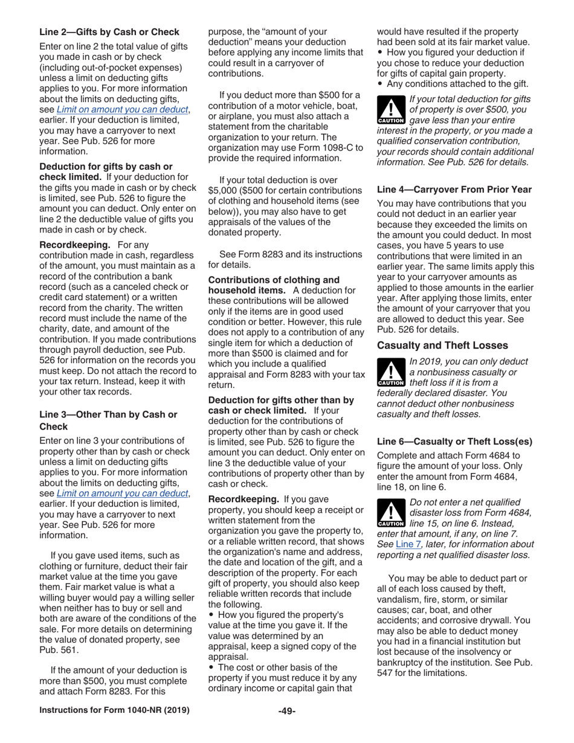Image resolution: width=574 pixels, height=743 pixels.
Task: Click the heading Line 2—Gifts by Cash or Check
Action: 109,32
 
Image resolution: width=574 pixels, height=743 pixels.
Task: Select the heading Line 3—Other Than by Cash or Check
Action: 108,420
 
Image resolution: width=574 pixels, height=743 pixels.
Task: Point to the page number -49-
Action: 286,711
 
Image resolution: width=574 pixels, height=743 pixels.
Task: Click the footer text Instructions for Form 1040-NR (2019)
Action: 114,710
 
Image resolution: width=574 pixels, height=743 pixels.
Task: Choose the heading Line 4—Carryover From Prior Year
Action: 454,189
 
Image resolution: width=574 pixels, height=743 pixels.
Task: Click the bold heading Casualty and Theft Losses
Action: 442,346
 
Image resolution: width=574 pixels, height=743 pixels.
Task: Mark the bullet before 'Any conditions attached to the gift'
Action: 381,84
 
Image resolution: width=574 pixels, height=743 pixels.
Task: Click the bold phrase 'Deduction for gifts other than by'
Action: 281,400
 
